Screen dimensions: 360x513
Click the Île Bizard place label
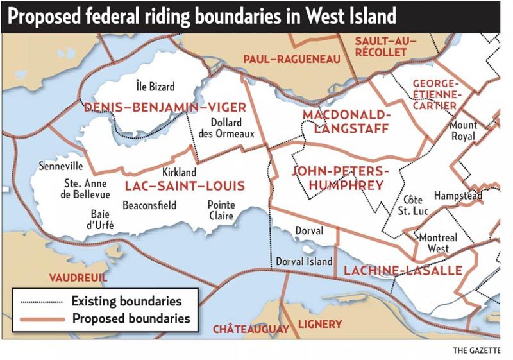(155, 86)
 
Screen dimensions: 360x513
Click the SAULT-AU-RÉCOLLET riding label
(385, 46)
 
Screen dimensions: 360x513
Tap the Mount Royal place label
(462, 130)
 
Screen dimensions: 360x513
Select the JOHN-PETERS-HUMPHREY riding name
(340, 178)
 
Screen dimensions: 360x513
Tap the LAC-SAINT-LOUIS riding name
(185, 186)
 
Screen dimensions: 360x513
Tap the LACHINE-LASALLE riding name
(403, 271)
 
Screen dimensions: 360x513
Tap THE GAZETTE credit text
(476, 350)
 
